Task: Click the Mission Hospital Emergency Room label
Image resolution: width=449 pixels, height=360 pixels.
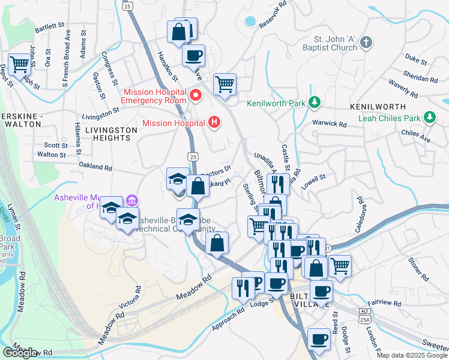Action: click(154, 96)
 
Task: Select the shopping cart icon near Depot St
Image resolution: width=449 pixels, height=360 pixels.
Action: click(19, 62)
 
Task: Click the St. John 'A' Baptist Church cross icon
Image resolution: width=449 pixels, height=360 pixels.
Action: click(367, 43)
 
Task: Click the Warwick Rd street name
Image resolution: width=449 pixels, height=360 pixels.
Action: click(330, 125)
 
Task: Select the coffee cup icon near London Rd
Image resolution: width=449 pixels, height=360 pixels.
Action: click(319, 339)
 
